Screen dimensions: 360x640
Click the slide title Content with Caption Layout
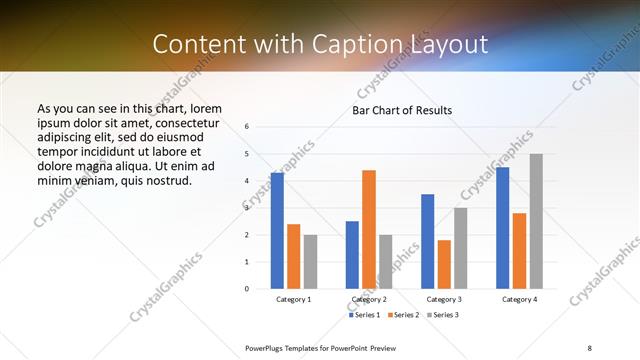[x=320, y=44]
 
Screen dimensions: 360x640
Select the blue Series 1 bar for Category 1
[x=277, y=230]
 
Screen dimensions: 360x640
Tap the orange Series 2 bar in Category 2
[x=369, y=229]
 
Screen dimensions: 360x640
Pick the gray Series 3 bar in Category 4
[x=536, y=221]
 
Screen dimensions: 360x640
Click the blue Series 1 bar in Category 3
[x=427, y=241]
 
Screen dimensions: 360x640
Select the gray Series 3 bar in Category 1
[x=311, y=261]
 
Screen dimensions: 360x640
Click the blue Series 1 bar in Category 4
[x=502, y=228]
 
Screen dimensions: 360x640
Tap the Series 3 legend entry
[x=443, y=315]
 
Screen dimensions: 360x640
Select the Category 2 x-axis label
[x=369, y=299]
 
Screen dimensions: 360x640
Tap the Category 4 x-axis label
[x=519, y=299]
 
